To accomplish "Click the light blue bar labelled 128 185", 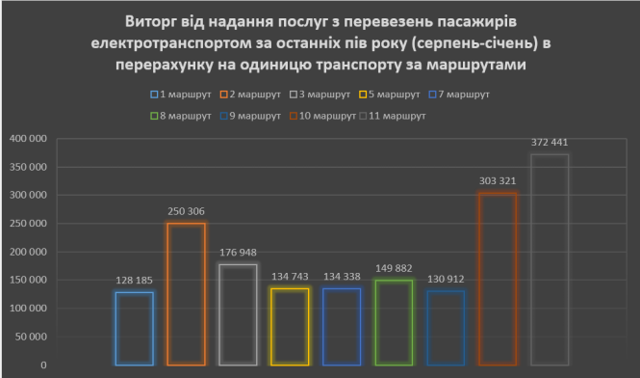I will tap(134, 328).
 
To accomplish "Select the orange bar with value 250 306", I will tap(186, 294).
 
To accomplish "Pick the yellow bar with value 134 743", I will tap(290, 327).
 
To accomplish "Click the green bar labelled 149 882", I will tap(394, 322).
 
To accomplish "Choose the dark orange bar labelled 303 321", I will tap(498, 279).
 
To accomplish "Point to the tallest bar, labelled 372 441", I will tap(550, 259).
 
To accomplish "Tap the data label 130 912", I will tap(446, 280).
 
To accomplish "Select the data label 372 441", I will tap(550, 143).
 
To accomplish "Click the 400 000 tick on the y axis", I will tap(28, 139).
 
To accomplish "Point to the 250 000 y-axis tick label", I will tap(28, 224).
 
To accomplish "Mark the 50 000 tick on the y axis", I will tap(31, 337).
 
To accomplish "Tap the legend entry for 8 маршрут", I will tap(185, 115).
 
